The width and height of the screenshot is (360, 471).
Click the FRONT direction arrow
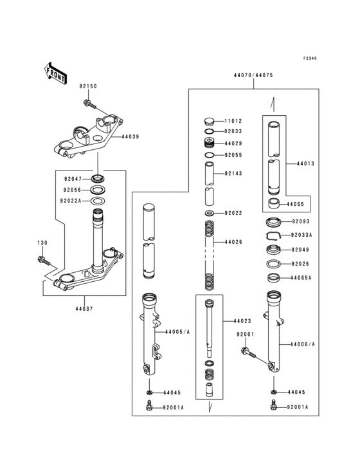[56, 73]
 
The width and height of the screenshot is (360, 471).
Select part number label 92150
[88, 86]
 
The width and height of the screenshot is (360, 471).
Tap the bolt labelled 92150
[89, 104]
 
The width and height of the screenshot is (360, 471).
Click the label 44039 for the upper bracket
[130, 136]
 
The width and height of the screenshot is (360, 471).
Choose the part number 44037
[84, 308]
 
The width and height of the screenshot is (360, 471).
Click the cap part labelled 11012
[210, 122]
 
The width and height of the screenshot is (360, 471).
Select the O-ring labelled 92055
[210, 155]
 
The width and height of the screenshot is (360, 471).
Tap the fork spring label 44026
[233, 242]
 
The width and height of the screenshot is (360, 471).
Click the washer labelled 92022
[209, 213]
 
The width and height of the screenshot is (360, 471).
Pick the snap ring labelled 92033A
[273, 236]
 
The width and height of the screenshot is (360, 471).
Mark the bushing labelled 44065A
[273, 277]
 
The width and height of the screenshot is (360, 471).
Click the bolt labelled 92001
[249, 353]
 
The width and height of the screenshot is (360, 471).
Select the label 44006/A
[303, 344]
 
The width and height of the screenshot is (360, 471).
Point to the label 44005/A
[177, 332]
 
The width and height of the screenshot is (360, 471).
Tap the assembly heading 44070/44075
[253, 75]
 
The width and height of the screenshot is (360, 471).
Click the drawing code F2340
[310, 59]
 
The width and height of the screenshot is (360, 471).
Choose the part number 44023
[242, 321]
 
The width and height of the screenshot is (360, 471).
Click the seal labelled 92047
[98, 179]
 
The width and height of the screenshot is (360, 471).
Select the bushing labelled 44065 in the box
[273, 203]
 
